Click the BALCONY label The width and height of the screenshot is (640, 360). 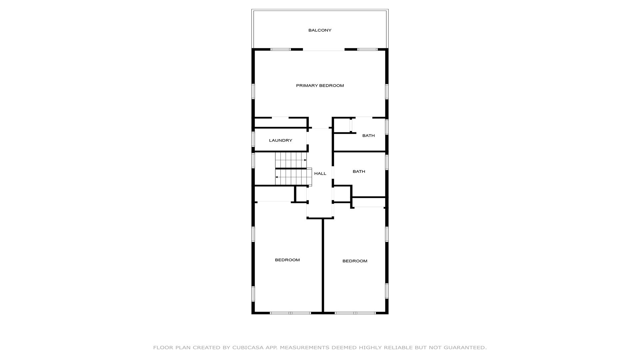[x=320, y=30]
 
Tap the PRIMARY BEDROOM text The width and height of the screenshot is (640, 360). [x=320, y=86]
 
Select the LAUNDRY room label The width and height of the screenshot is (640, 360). [x=281, y=141]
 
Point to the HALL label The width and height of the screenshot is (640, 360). [x=320, y=174]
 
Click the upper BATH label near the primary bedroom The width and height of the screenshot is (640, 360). [x=368, y=136]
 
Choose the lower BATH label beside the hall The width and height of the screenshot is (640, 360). [x=359, y=172]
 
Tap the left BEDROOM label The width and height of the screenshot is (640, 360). [x=287, y=260]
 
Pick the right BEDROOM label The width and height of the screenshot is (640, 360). [x=355, y=261]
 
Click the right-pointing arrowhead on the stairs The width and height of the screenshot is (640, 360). [x=305, y=160]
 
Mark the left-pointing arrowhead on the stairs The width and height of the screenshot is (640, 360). [x=277, y=177]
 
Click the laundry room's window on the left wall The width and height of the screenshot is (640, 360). [x=253, y=139]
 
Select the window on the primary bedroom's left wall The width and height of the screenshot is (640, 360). [x=253, y=91]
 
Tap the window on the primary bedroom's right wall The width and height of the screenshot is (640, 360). [x=387, y=91]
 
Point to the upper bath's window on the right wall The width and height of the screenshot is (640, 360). [x=387, y=127]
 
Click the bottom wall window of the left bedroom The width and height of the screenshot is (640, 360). [x=290, y=313]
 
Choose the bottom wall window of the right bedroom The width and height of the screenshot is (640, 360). [x=355, y=313]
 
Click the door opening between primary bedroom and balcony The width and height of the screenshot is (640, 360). [x=324, y=50]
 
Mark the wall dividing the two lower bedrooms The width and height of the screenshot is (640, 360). [x=323, y=266]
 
